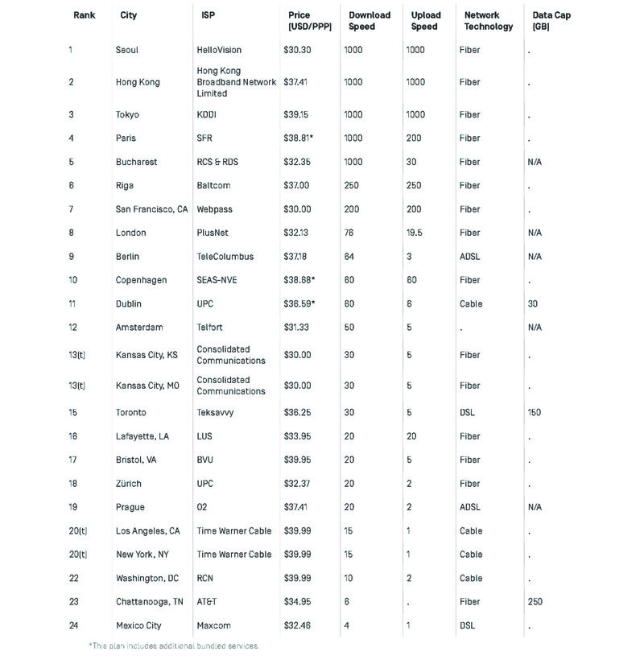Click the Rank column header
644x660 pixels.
point(84,15)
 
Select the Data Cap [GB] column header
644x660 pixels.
point(551,21)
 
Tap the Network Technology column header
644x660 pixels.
point(488,21)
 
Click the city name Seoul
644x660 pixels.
point(127,50)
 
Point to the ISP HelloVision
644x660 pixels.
point(219,50)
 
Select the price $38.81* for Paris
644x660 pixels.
point(298,138)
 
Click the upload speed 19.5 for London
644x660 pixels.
point(415,233)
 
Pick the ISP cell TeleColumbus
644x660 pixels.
point(225,257)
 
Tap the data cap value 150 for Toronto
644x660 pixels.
point(535,413)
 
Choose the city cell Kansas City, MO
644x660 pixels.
point(147,386)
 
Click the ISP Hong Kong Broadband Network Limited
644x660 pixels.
point(236,82)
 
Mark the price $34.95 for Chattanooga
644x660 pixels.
point(296,602)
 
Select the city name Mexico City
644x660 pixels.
point(138,625)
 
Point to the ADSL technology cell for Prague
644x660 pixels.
point(470,507)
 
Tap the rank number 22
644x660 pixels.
point(73,579)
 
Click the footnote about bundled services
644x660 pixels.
point(174,646)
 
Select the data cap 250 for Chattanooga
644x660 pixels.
point(535,602)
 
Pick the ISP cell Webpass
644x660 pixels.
point(214,209)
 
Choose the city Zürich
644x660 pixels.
point(128,484)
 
